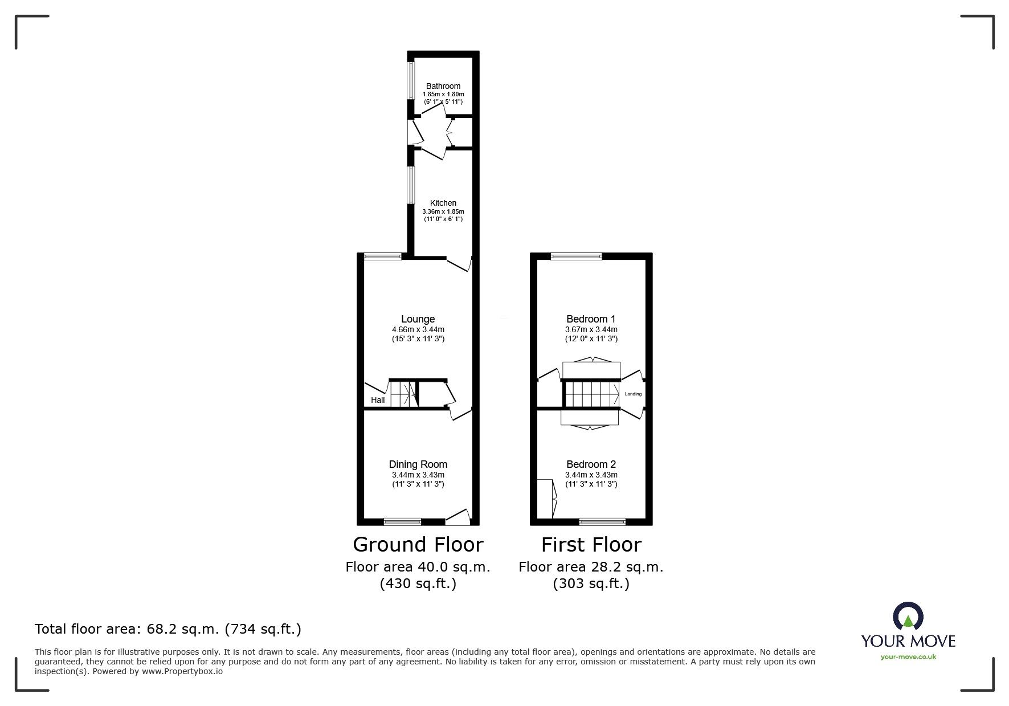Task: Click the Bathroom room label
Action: (443, 86)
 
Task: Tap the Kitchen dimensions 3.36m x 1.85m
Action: (443, 211)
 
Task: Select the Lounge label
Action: (418, 319)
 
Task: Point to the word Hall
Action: (378, 400)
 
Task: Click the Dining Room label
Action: (418, 464)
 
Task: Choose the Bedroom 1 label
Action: (591, 319)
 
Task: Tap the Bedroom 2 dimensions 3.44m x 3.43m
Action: (591, 475)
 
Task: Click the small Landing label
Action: (633, 394)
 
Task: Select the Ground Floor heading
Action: (418, 545)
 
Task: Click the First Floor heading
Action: (591, 545)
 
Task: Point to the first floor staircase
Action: (591, 394)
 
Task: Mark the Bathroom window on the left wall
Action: (410, 80)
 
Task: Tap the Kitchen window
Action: (410, 185)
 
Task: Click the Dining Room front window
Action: (402, 521)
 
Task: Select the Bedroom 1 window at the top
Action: (575, 256)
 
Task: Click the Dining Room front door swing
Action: (457, 516)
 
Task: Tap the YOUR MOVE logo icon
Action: (908, 618)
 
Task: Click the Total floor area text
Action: (168, 629)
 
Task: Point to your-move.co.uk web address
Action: (908, 657)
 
